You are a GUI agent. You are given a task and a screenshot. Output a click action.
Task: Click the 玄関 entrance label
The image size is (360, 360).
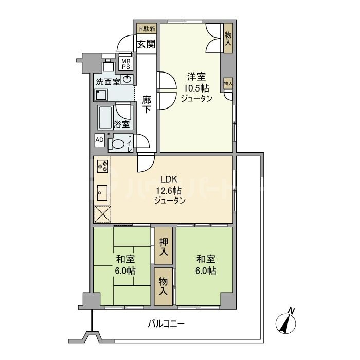click(146, 44)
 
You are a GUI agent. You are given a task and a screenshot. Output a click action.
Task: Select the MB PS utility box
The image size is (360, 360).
click(126, 63)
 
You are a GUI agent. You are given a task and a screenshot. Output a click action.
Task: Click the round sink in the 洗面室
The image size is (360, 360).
click(127, 79)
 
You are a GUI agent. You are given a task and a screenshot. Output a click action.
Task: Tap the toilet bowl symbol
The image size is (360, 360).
click(119, 144)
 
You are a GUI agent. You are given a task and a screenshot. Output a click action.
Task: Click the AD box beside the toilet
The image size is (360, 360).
click(99, 140)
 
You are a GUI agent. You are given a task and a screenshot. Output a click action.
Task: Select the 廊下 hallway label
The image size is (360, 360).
click(147, 105)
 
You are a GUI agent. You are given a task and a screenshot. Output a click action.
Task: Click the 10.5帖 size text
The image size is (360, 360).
click(196, 88)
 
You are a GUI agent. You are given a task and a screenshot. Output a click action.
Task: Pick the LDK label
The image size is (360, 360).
click(169, 179)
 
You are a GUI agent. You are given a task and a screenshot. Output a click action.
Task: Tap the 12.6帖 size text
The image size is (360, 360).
click(169, 190)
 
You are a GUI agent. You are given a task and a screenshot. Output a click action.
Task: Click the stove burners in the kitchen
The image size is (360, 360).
click(102, 167)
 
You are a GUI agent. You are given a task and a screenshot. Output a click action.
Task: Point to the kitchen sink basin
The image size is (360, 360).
click(101, 193)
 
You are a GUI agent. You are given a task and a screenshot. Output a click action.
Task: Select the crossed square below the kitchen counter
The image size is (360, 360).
click(102, 214)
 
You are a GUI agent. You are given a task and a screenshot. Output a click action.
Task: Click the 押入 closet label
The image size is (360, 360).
click(163, 246)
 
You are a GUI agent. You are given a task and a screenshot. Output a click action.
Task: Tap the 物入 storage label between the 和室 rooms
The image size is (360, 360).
click(163, 286)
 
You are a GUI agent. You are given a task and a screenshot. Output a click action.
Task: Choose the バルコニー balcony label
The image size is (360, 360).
click(166, 324)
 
